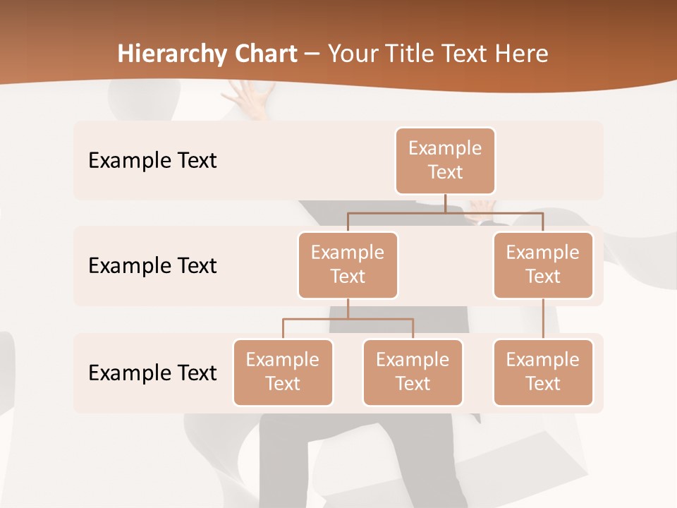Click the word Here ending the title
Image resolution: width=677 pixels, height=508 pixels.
521,54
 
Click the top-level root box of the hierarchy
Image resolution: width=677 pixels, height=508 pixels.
445,161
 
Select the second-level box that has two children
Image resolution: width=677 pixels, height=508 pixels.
348,265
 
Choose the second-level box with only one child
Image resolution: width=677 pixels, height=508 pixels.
543,265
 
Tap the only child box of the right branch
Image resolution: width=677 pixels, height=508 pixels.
543,373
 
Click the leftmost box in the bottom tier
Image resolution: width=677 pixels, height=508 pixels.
283,373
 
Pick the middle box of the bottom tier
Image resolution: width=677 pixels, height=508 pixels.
413,373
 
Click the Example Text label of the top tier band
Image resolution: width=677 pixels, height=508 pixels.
152,161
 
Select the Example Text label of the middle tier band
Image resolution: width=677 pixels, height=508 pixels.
152,266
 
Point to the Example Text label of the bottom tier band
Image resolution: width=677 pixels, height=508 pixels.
152,373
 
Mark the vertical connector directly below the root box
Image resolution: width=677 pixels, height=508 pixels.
445,203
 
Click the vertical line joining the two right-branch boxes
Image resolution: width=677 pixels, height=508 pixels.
543,319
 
